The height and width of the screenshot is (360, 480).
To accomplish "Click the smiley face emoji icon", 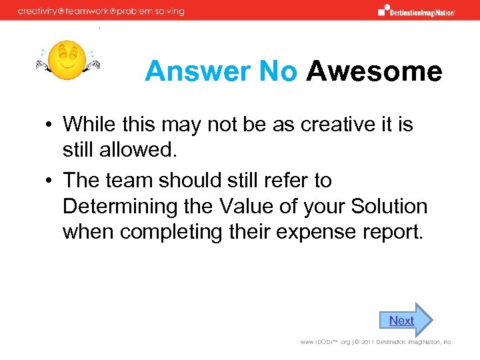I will click(x=67, y=59).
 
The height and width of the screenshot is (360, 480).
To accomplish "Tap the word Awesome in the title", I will click(x=374, y=71).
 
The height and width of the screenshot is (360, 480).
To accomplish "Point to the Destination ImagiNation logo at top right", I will click(x=417, y=11).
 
